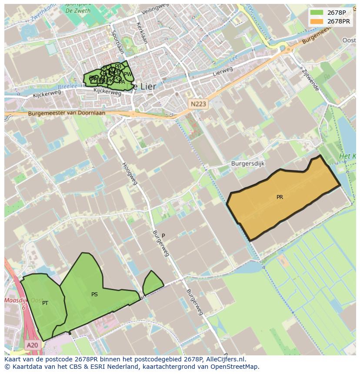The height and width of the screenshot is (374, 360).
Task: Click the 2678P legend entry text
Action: [337, 13]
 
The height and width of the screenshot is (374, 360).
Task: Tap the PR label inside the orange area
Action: [280, 197]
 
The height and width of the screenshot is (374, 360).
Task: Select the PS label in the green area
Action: [94, 295]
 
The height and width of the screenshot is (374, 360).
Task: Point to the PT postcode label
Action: [45, 303]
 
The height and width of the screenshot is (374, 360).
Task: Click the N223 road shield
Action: [199, 104]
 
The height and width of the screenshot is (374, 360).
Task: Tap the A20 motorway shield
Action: [32, 345]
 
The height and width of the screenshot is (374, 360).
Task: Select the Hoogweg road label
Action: [129, 173]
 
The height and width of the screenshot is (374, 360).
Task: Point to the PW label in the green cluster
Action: [128, 74]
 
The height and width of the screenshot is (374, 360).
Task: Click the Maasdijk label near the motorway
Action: [17, 301]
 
